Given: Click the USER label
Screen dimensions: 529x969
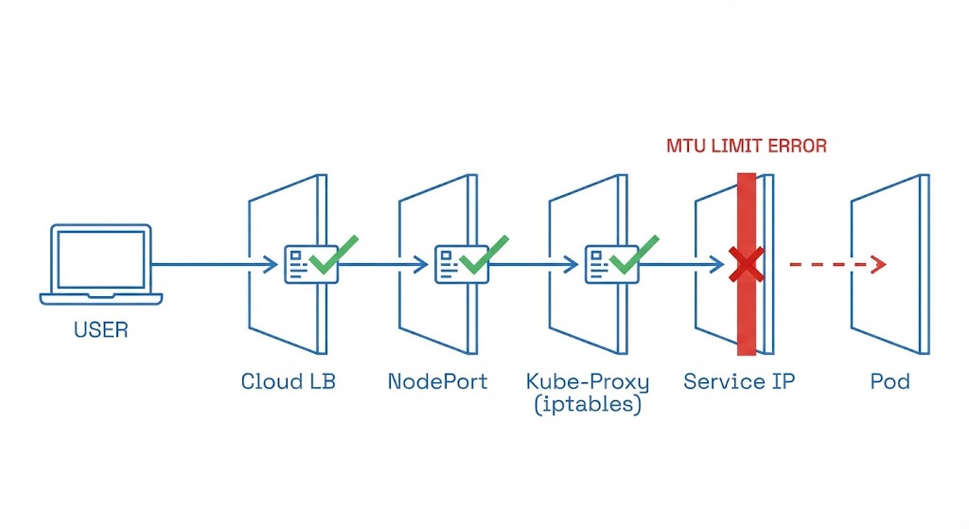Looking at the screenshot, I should [100, 331].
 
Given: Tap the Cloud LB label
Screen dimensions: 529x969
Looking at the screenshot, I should [288, 382].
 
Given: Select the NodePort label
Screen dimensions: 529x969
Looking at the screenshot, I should [438, 382].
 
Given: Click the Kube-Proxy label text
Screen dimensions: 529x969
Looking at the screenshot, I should [588, 382].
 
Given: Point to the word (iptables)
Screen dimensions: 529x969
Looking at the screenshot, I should [588, 405].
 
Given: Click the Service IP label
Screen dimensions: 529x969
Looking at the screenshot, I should [739, 382].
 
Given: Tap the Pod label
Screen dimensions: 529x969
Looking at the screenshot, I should [890, 382].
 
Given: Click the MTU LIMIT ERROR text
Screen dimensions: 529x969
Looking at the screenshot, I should [746, 147].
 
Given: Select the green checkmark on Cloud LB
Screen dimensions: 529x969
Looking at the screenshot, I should [334, 255].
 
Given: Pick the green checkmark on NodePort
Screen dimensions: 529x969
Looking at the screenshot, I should [484, 255].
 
